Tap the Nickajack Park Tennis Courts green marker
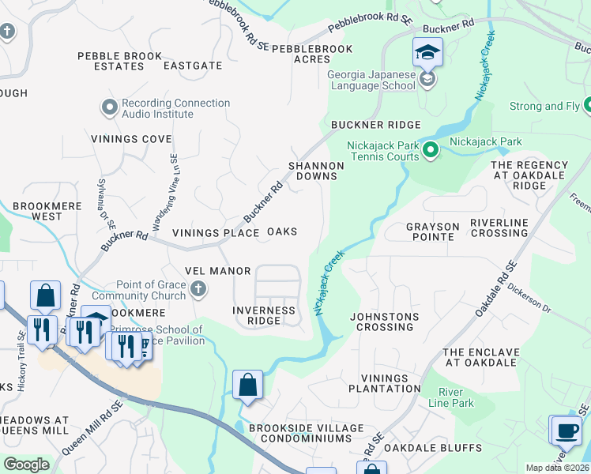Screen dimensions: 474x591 click(431, 149)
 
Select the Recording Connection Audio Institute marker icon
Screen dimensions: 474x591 click(109, 106)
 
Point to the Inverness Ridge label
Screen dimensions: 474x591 click(264, 316)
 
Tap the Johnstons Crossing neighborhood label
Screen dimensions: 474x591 click(385, 322)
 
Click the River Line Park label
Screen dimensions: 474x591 click(456, 397)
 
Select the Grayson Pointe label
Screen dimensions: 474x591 click(432, 232)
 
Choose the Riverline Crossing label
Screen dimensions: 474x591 click(499, 228)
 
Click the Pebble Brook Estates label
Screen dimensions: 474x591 click(119, 61)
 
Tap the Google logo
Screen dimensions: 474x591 click(26, 465)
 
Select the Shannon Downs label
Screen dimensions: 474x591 click(316, 171)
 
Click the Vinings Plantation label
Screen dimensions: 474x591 click(390, 383)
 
